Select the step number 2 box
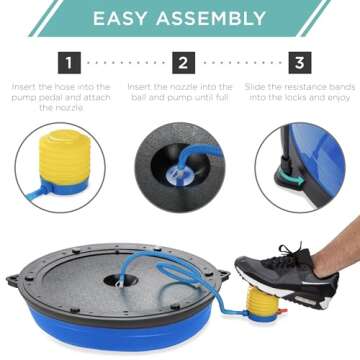(181, 64)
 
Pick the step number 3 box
(297, 64)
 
